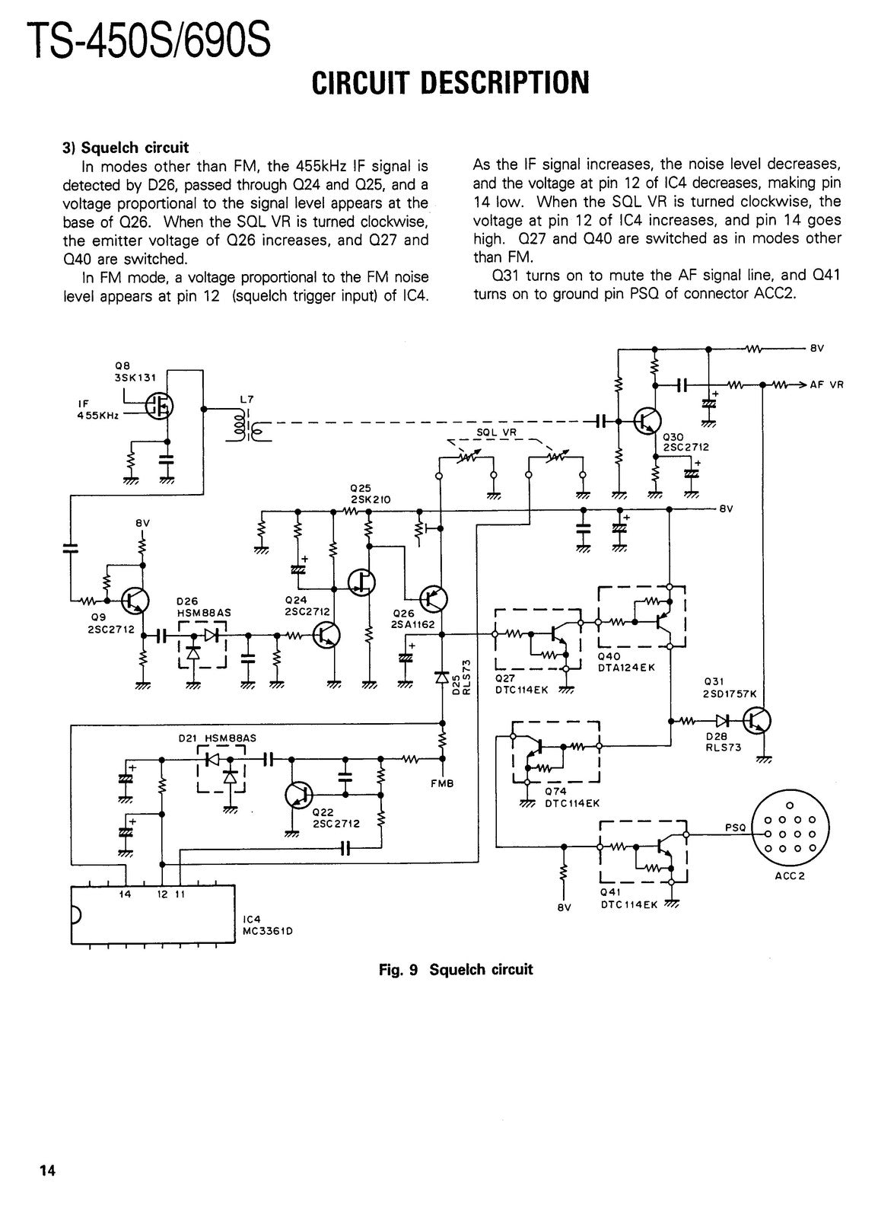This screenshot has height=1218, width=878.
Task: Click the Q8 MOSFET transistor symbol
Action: point(159,405)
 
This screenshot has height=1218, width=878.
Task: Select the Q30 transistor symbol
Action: point(647,420)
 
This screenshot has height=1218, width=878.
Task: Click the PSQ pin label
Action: point(735,827)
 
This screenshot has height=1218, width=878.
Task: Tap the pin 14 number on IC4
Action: point(125,894)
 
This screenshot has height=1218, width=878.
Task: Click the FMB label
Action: point(442,783)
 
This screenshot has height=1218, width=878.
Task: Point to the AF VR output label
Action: point(826,384)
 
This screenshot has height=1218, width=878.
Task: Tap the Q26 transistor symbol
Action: point(433,599)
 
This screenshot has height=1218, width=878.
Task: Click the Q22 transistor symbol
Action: point(298,796)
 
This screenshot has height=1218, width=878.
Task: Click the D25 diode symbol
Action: point(442,678)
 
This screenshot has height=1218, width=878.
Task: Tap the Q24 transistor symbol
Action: point(326,635)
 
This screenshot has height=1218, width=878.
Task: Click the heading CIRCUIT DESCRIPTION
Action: point(450,83)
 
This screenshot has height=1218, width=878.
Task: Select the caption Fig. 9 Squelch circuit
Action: point(456,970)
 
